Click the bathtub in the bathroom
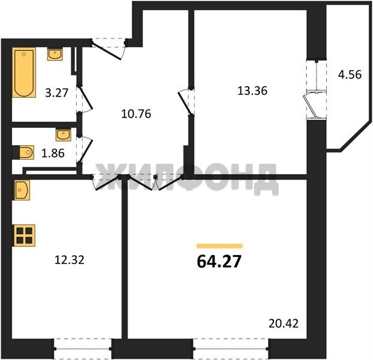tap(24, 73)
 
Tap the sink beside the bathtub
tap(55, 55)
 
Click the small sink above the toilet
tap(64, 135)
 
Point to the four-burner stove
tap(25, 235)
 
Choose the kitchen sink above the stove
tap(22, 190)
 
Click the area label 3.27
tap(57, 93)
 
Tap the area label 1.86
tap(53, 154)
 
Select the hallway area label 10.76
tap(136, 114)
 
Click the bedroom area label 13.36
tap(252, 91)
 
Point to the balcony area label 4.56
tap(350, 74)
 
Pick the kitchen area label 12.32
tap(70, 260)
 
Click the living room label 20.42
tap(284, 323)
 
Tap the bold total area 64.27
tap(219, 261)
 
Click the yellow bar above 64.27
tap(219, 246)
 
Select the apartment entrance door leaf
tap(107, 50)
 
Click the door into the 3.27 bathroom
tap(85, 98)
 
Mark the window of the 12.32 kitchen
tap(83, 349)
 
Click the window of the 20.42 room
tap(231, 349)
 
